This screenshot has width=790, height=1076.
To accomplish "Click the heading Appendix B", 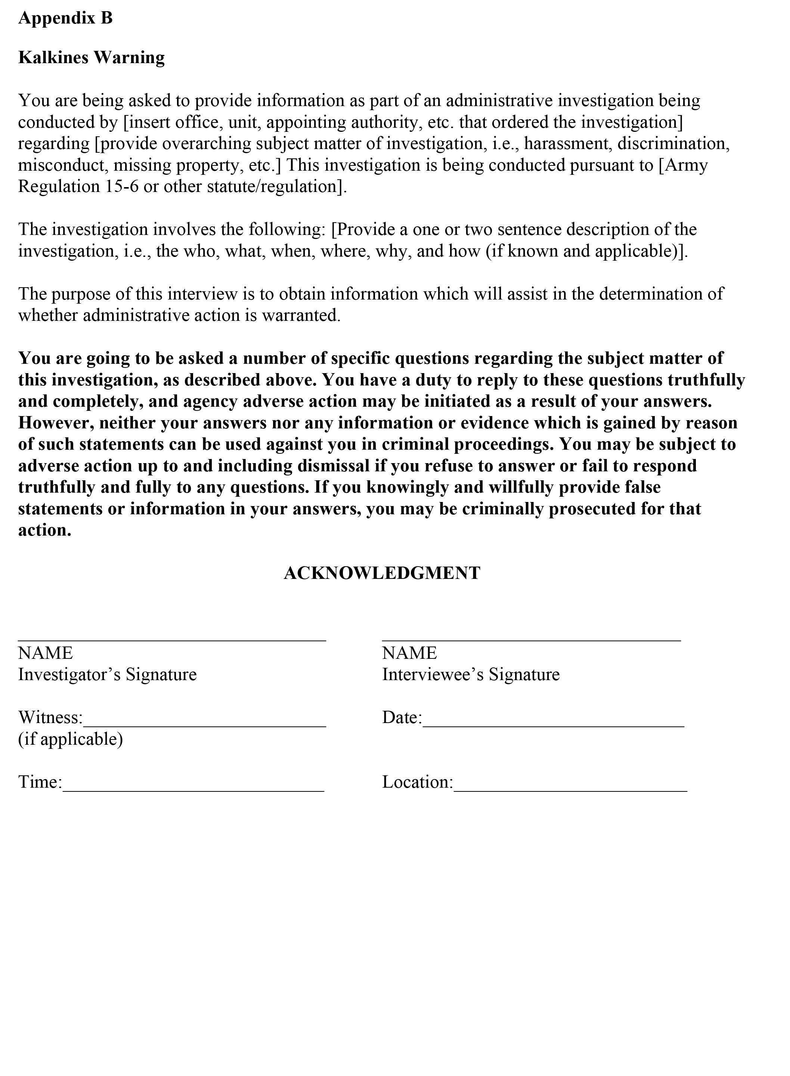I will [x=65, y=18].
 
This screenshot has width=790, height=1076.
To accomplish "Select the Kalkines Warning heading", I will [x=92, y=58].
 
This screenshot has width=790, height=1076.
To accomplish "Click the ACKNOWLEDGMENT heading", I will [x=382, y=573].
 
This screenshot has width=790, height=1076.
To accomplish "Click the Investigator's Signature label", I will [x=107, y=675].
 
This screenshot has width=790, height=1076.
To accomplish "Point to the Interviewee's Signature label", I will [x=471, y=675].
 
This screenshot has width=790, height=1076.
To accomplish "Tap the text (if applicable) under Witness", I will [x=70, y=739].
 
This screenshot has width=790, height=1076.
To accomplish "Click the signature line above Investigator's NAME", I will [x=172, y=639].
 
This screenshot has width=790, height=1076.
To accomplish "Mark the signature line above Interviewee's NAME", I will [x=531, y=639].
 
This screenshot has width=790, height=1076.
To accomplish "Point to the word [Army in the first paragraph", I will [x=683, y=165].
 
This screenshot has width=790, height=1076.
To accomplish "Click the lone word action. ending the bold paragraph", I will [x=44, y=530].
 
